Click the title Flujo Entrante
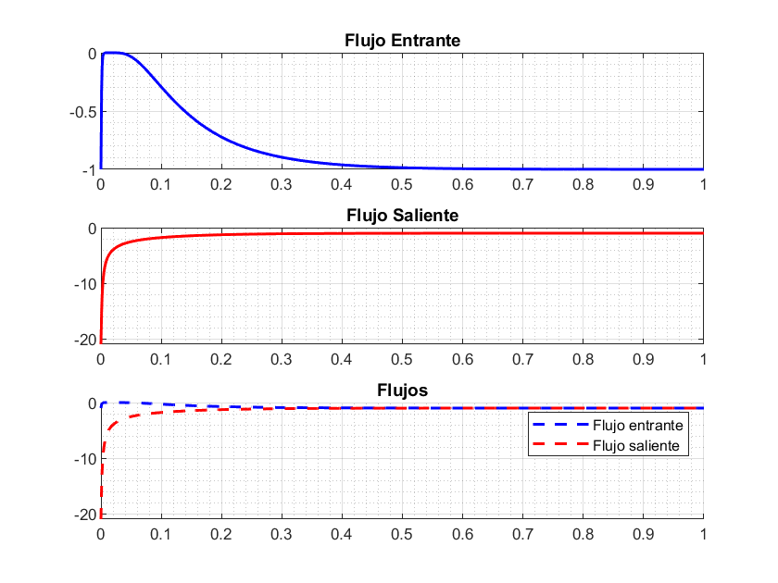402,41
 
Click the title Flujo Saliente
402,216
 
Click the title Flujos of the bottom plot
402,391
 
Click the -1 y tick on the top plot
90,170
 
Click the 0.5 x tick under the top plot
402,184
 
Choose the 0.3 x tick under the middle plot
282,359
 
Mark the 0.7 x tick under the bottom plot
522,534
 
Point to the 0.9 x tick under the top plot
643,184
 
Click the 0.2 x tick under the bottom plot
221,534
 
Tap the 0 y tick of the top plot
93,54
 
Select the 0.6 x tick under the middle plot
462,359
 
